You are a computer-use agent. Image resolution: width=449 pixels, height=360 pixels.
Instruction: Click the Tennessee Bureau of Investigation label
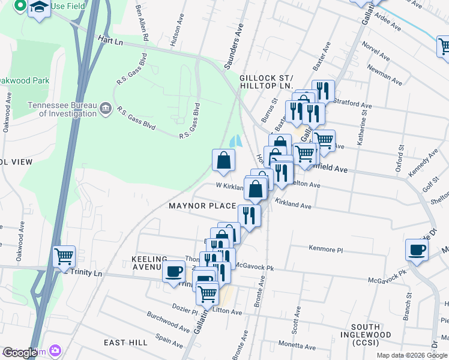coord(62,109)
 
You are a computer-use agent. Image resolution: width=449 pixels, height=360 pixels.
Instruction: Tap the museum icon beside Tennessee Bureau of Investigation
coord(106,109)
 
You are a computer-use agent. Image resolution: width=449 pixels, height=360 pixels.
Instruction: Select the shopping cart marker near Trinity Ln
coord(64,257)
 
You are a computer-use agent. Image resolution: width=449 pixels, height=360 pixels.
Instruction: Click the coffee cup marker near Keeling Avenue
coord(174,271)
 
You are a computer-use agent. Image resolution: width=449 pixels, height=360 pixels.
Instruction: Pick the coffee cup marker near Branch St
coord(417,250)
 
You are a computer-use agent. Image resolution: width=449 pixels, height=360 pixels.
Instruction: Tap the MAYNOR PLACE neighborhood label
coord(202,206)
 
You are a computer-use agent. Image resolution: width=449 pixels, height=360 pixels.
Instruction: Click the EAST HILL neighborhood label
coord(125,343)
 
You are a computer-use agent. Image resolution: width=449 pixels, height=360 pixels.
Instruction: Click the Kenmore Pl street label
coord(325,248)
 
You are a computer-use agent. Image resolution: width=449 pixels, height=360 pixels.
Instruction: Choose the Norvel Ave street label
coord(376,51)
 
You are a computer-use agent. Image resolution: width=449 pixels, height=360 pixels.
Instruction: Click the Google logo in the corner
coord(20,353)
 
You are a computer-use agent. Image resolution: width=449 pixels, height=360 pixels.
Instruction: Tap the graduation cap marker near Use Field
coord(39,8)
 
